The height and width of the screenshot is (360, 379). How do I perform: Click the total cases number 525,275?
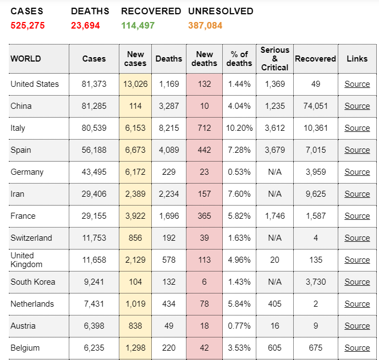click(x=28, y=25)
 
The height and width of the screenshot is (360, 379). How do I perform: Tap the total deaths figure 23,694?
click(x=85, y=25)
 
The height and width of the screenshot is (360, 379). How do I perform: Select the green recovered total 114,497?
click(x=138, y=25)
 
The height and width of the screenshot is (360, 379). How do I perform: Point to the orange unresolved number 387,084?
click(x=205, y=25)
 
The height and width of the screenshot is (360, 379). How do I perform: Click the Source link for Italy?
click(x=357, y=128)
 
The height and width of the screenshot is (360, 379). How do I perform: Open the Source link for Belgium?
click(x=357, y=348)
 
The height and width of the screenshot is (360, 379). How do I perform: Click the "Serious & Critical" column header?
click(x=274, y=59)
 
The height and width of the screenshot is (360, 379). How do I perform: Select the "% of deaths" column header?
click(x=239, y=59)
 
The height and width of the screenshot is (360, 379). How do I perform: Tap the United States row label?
click(x=35, y=84)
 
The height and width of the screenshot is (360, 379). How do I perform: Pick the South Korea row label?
click(x=33, y=282)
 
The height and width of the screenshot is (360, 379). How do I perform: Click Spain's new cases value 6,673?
click(x=135, y=150)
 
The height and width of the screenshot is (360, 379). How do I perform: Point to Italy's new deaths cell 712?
click(x=205, y=128)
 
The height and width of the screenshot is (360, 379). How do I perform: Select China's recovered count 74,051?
click(x=315, y=106)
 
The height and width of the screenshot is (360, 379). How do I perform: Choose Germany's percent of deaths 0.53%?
click(x=239, y=172)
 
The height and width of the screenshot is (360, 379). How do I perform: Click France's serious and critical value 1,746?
click(x=274, y=216)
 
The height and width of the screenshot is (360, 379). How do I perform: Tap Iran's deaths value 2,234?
click(x=169, y=194)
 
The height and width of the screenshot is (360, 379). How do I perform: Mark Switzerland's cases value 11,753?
click(x=94, y=238)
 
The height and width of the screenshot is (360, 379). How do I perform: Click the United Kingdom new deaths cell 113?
click(x=205, y=260)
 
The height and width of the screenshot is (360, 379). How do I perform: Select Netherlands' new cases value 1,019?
click(x=135, y=304)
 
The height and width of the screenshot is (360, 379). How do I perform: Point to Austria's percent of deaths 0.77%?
click(x=239, y=326)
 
